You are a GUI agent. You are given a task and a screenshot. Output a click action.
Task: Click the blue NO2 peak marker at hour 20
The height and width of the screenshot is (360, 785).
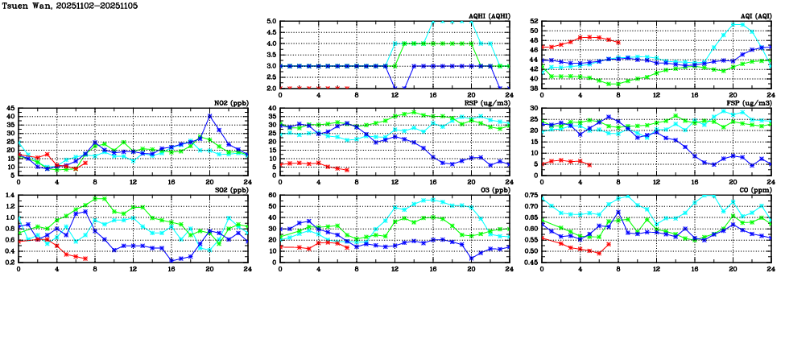point(209,116)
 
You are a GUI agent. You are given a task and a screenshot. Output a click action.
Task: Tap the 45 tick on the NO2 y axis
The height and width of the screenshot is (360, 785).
point(10,108)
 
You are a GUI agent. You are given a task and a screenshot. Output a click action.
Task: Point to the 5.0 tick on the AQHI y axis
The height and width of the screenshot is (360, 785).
point(271,22)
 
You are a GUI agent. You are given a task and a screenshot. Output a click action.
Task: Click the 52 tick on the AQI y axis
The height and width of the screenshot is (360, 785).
point(534,22)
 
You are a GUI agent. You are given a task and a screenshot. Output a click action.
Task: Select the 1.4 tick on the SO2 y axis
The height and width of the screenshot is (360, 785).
point(9,196)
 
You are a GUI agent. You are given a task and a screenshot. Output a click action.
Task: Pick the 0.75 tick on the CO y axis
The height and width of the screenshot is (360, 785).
point(530,196)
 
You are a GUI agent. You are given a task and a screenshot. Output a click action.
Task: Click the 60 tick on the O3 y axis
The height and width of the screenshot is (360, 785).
point(272,196)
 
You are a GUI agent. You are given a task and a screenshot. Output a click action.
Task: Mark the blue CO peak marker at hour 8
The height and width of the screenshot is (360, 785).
point(618,213)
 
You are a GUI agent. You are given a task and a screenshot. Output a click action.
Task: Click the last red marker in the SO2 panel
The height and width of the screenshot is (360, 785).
point(85,259)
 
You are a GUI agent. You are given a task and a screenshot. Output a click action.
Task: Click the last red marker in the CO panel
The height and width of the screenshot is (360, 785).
point(608,244)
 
